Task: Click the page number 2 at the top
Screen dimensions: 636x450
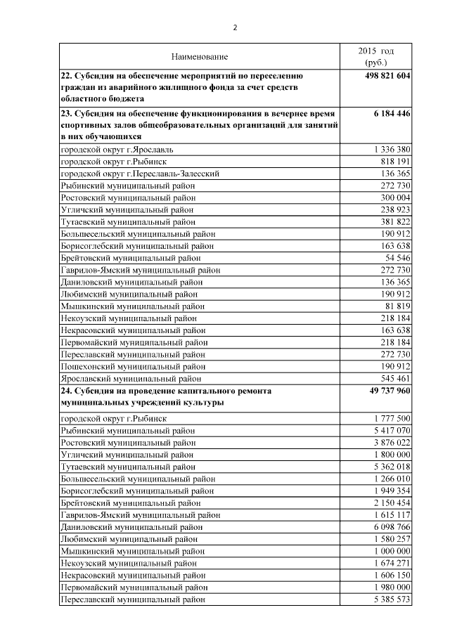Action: click(236, 27)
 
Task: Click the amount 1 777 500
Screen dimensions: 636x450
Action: click(388, 418)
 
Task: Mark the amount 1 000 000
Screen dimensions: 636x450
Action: click(388, 551)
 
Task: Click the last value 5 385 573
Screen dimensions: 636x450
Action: click(388, 599)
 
